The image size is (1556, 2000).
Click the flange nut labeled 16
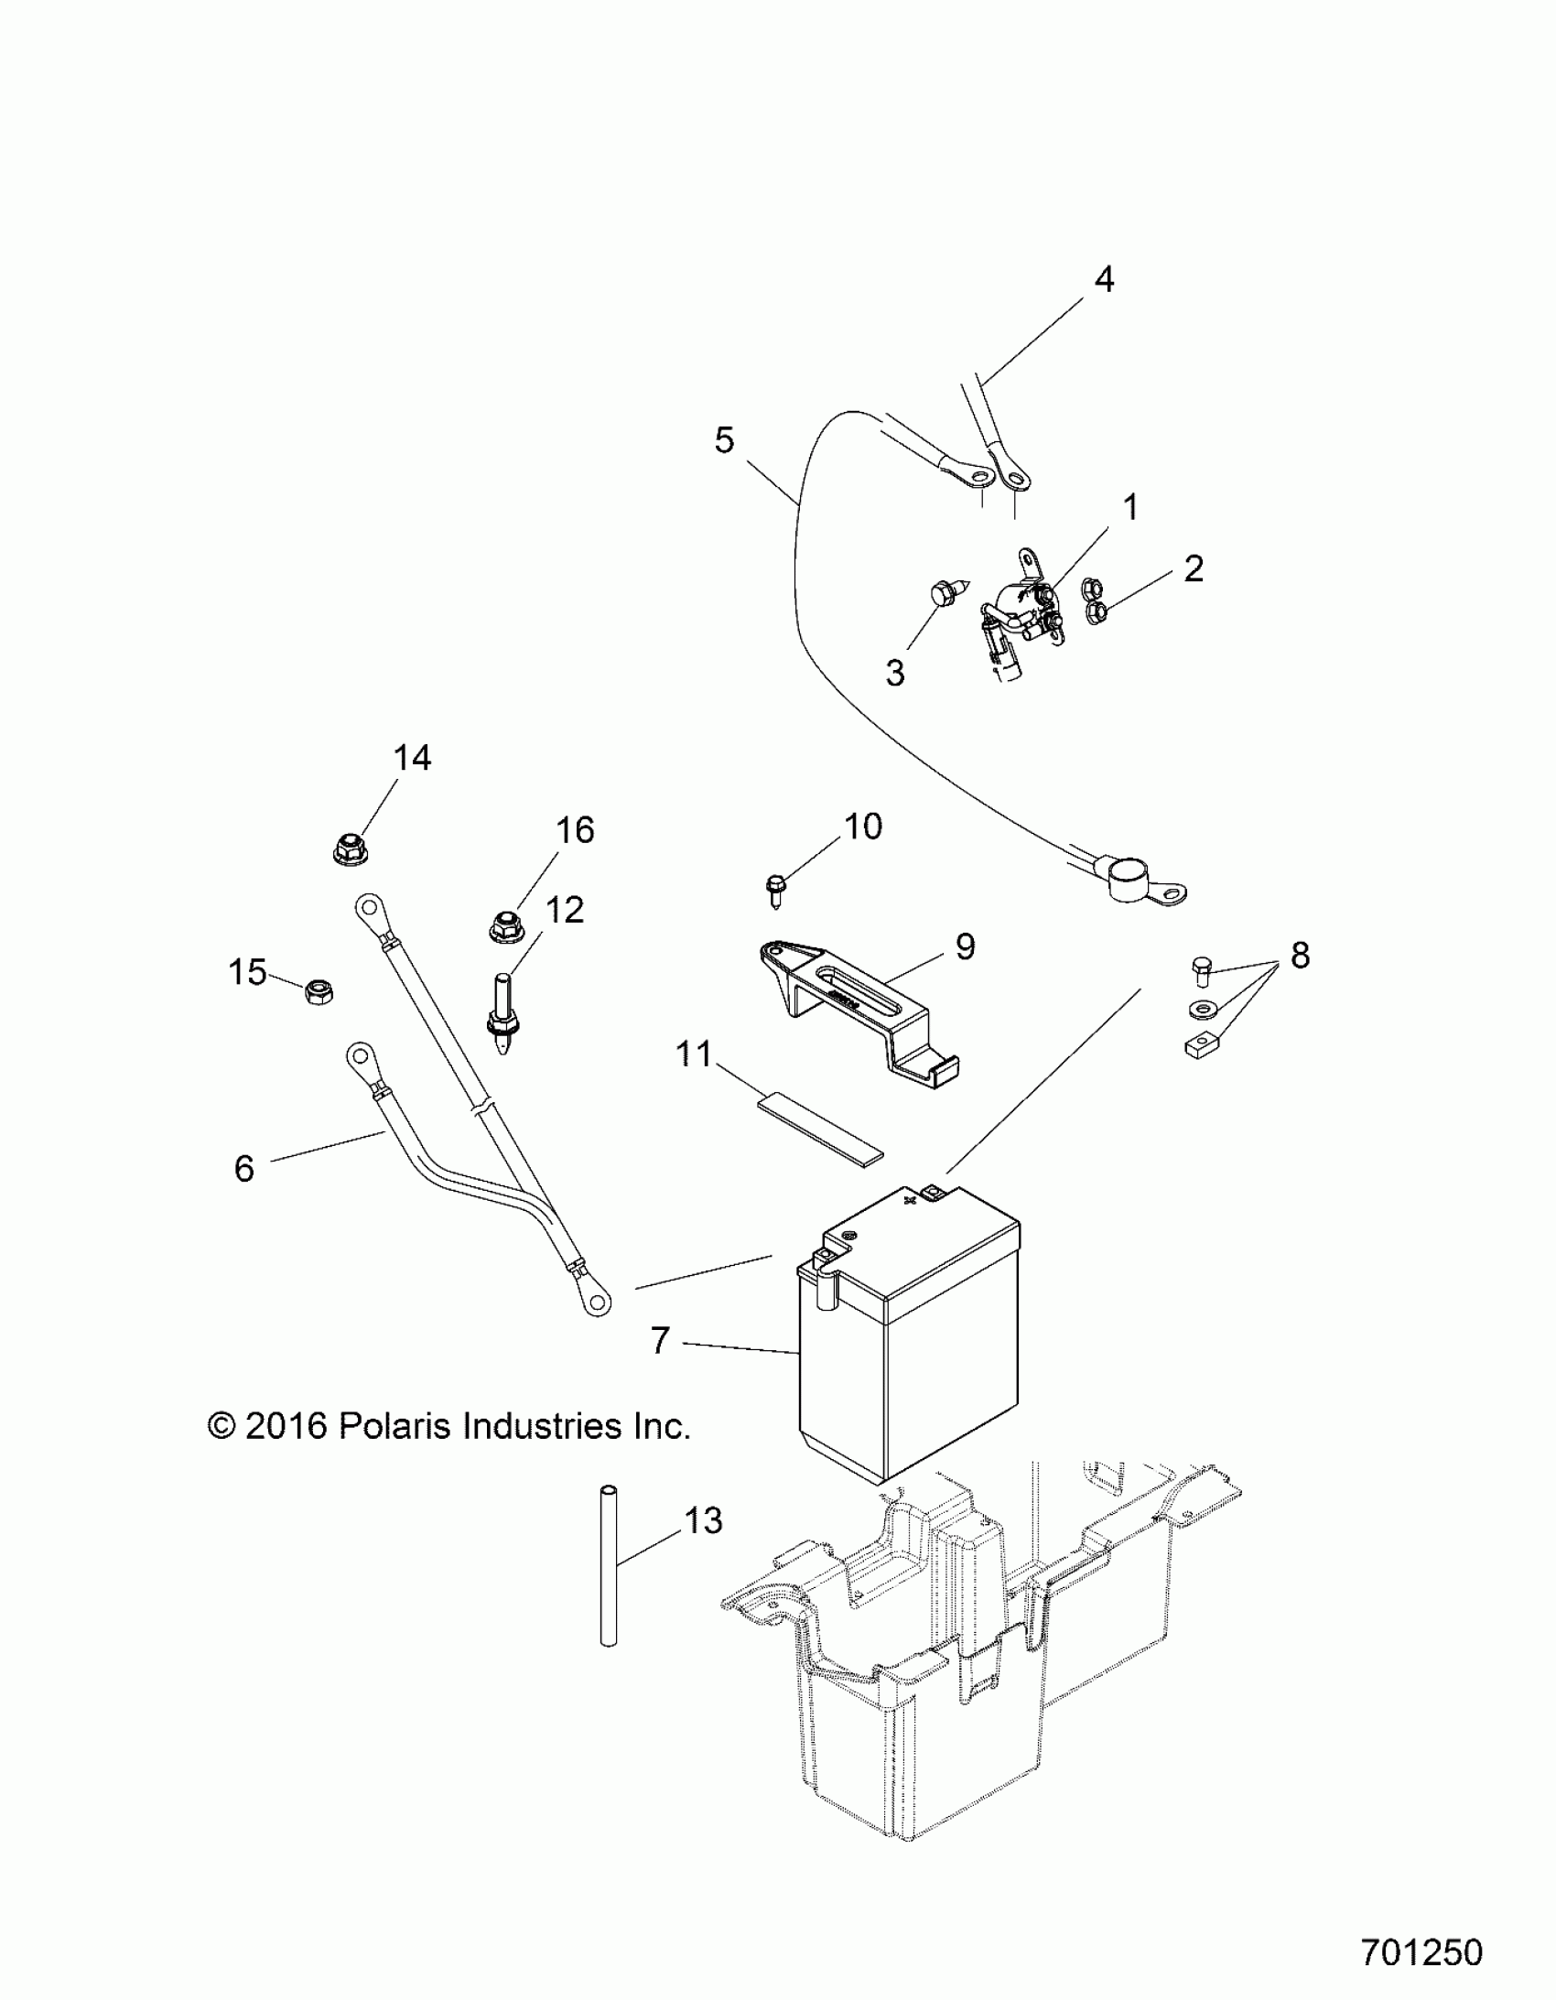pyautogui.click(x=503, y=926)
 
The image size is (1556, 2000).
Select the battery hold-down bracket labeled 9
pyautogui.click(x=852, y=1012)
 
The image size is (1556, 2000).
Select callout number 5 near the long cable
pyautogui.click(x=724, y=440)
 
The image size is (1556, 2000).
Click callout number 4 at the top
pyautogui.click(x=1105, y=279)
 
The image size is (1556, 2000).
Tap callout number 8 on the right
pyautogui.click(x=1300, y=955)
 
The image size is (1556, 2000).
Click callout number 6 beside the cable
pyautogui.click(x=243, y=1169)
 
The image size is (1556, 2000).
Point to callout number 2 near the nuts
pyautogui.click(x=1193, y=568)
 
